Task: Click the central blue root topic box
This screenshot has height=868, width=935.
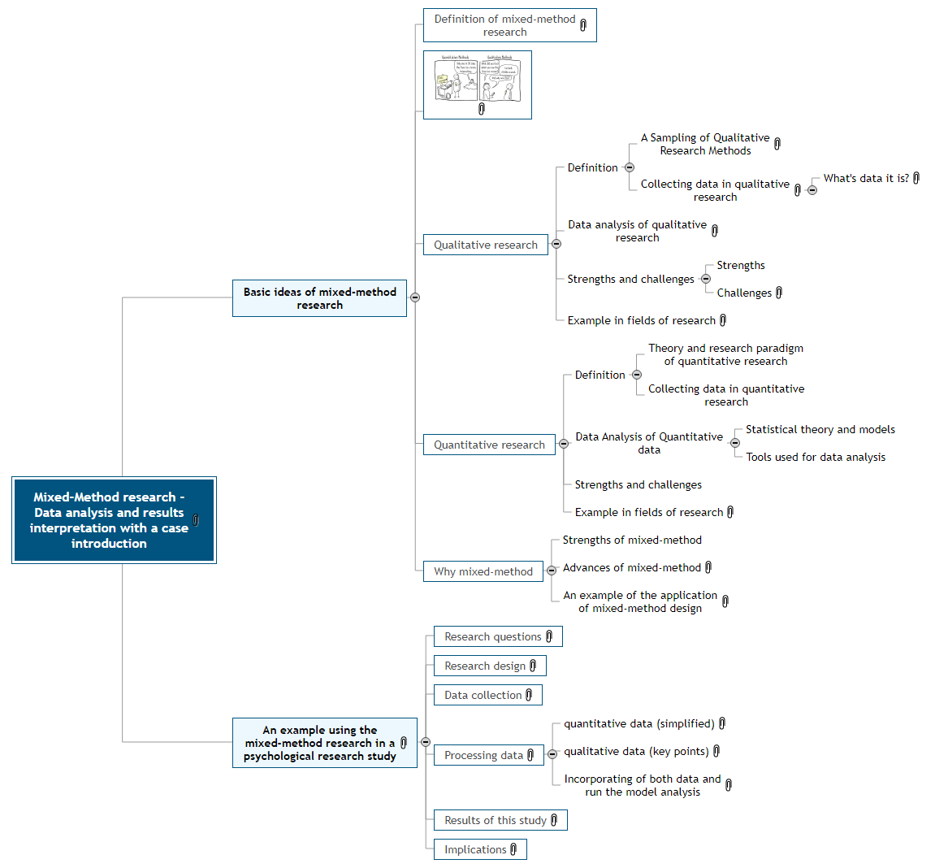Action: (114, 520)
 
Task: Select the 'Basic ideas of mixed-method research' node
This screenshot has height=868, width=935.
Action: (319, 298)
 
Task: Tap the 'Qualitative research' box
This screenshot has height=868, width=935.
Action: (485, 245)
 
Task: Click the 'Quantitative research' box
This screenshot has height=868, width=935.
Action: (489, 445)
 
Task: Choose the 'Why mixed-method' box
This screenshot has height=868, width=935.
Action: (483, 571)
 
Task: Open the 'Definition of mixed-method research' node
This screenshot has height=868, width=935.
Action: (504, 25)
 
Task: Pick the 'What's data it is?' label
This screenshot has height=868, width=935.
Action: (866, 178)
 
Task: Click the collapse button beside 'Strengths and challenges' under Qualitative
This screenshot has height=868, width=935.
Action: (705, 279)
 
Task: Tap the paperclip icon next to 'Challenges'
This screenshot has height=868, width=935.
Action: (779, 293)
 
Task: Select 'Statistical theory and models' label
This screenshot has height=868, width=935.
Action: (820, 429)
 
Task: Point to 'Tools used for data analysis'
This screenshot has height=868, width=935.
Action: (816, 457)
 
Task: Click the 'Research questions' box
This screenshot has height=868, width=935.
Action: (492, 636)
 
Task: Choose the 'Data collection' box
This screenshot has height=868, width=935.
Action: (483, 695)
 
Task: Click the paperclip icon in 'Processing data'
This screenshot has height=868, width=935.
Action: (530, 755)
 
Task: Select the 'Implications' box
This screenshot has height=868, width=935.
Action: (475, 849)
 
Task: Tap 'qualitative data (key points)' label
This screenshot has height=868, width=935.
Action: (636, 751)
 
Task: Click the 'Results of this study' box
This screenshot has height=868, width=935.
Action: (495, 820)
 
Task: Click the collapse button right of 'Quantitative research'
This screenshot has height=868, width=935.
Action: (564, 444)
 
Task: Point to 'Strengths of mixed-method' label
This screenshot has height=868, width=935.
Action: (632, 540)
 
